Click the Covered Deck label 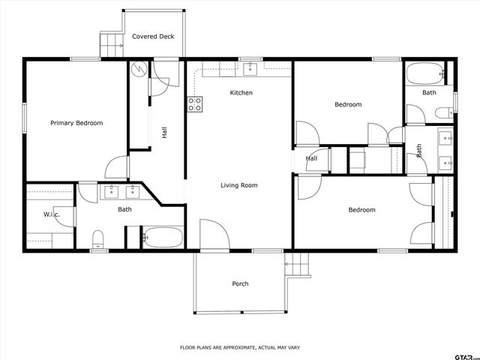(x=153, y=36)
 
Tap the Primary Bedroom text (x=76, y=123)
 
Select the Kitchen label (x=241, y=93)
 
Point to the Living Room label (x=239, y=185)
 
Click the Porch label (x=240, y=283)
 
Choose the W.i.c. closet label (x=51, y=215)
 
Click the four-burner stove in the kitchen (x=194, y=104)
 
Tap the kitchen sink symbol (x=249, y=69)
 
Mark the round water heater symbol (x=139, y=68)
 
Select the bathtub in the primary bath (x=162, y=238)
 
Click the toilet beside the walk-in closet (x=97, y=239)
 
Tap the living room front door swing (x=214, y=234)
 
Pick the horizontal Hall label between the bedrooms (x=311, y=159)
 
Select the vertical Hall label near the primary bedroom (x=164, y=132)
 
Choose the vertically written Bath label (x=419, y=150)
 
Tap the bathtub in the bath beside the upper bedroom (x=425, y=74)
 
